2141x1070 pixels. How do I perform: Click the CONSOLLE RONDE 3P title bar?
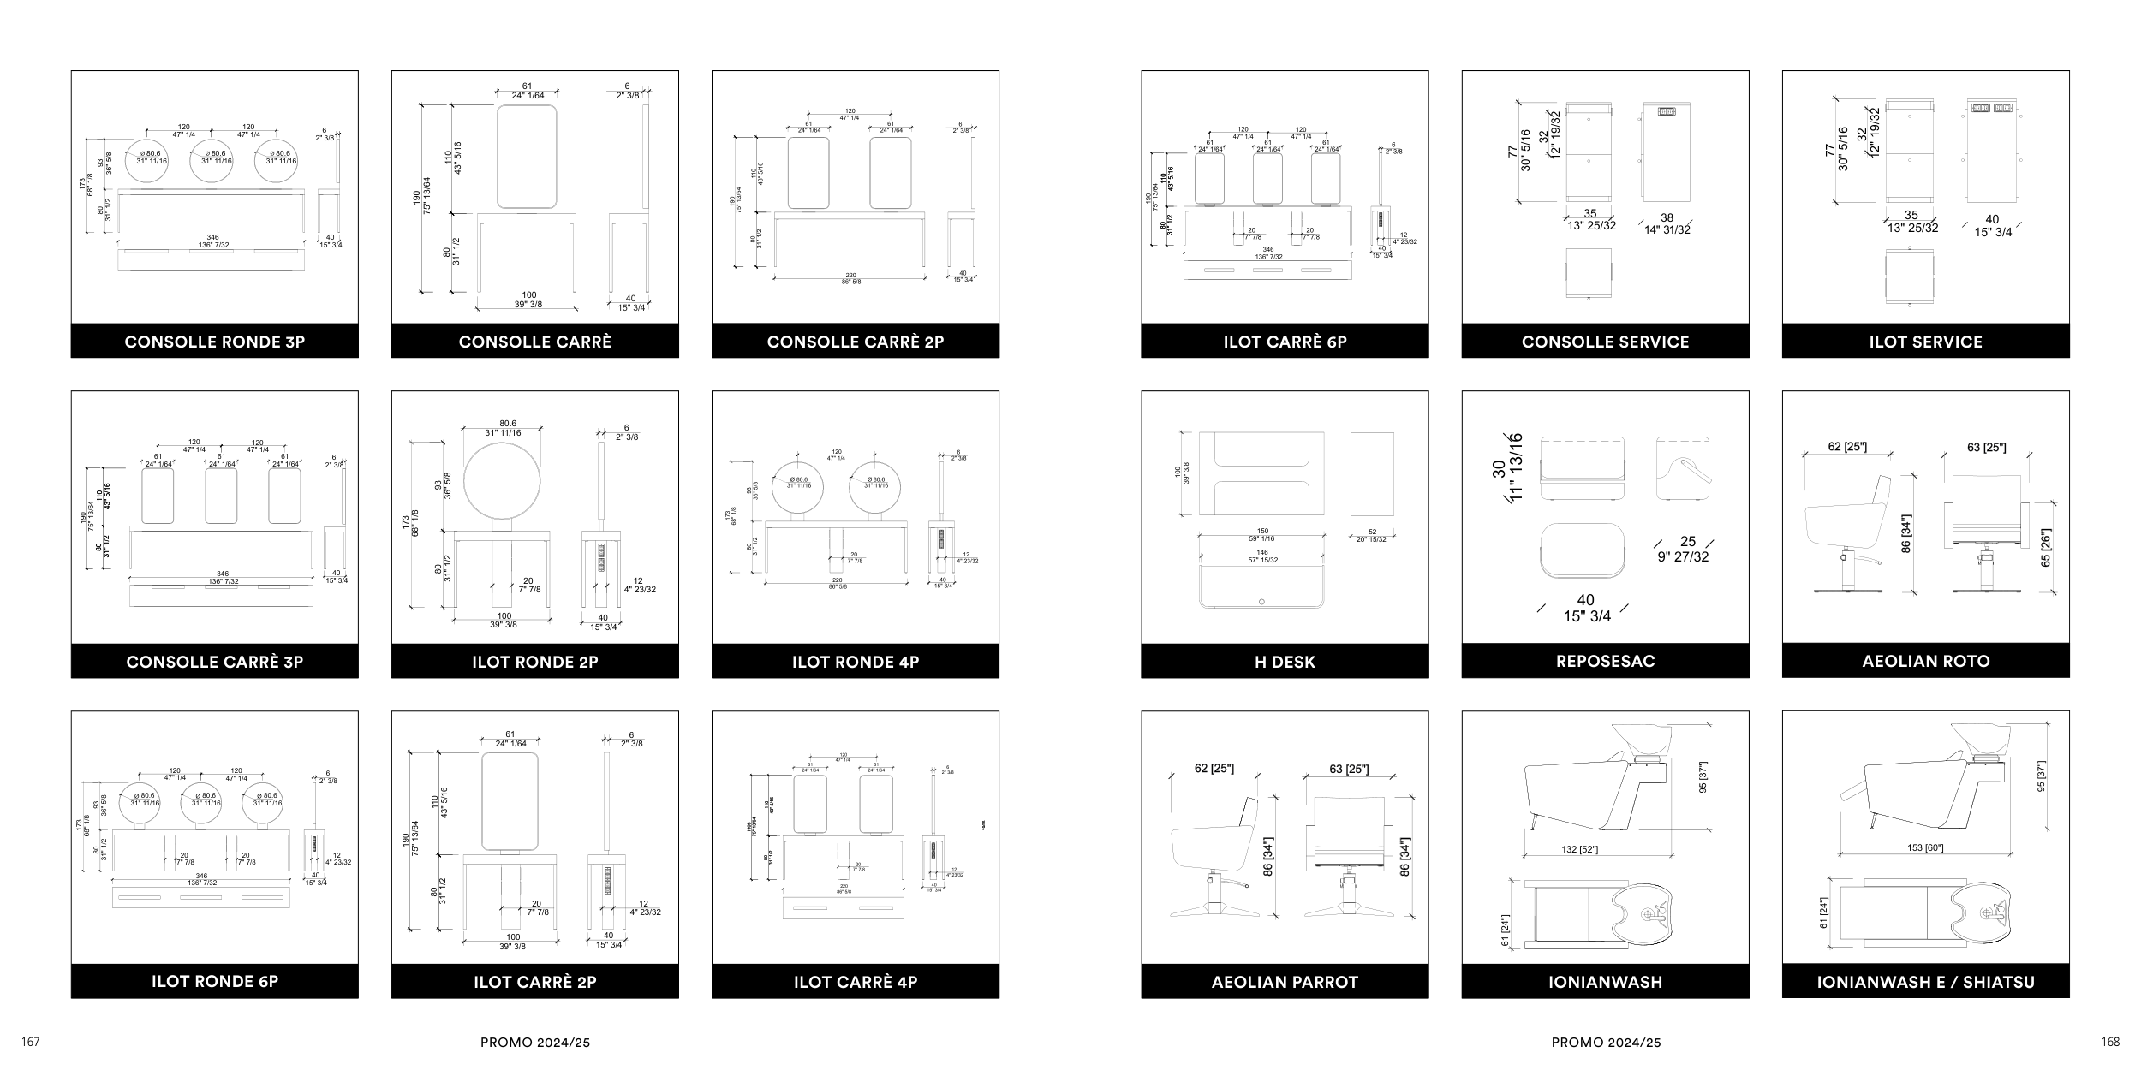[x=214, y=342]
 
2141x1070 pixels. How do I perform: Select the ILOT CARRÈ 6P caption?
[x=1285, y=342]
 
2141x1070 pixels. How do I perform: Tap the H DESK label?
[x=1285, y=662]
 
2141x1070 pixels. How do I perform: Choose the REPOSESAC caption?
[x=1605, y=661]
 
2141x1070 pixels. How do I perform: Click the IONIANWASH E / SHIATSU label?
[x=1925, y=982]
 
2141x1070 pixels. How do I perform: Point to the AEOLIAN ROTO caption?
[x=1925, y=661]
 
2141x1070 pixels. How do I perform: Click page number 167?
[x=31, y=1042]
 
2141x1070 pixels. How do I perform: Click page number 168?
[x=2110, y=1042]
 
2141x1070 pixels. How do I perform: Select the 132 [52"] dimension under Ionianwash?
[x=1580, y=849]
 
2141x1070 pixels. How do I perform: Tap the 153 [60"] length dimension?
[x=1925, y=847]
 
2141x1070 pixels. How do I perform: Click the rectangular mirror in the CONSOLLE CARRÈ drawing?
[x=528, y=157]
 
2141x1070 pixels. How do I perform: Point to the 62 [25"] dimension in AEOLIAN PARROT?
[x=1214, y=769]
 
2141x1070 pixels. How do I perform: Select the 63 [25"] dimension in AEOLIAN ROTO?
[x=1986, y=447]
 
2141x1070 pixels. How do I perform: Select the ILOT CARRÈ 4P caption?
[x=855, y=982]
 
